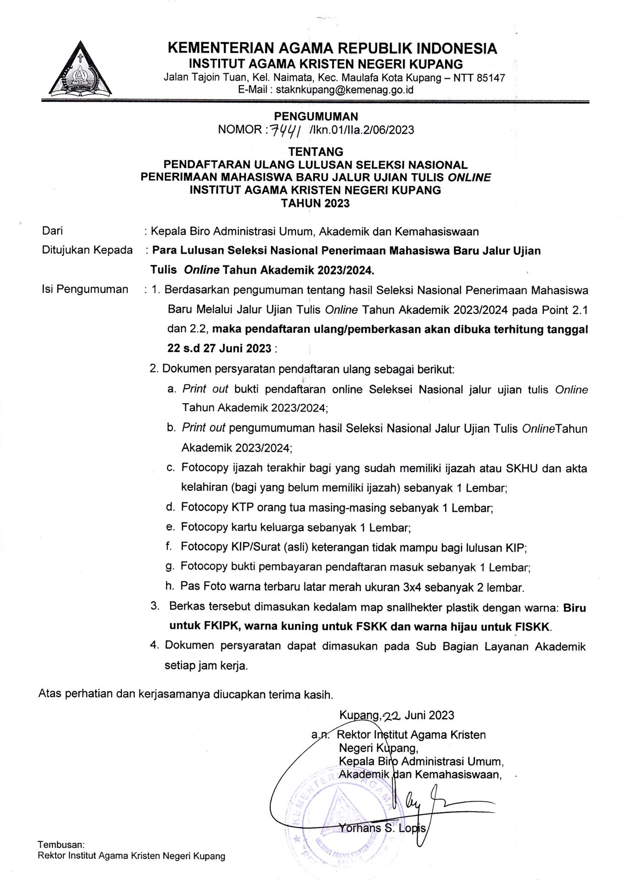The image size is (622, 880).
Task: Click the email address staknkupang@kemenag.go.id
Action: click(344, 90)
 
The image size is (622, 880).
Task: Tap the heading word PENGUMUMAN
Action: click(316, 116)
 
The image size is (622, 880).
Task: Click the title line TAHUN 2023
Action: click(315, 203)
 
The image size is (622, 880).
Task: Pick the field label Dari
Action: click(52, 231)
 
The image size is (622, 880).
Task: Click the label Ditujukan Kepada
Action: click(87, 250)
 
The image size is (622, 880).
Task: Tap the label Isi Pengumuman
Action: click(85, 289)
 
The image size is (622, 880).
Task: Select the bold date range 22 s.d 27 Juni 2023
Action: click(220, 348)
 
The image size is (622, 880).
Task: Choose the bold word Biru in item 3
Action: click(574, 608)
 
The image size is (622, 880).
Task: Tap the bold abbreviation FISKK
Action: click(533, 627)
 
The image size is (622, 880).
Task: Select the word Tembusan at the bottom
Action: click(61, 845)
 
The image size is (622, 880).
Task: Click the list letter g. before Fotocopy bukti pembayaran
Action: click(170, 567)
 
